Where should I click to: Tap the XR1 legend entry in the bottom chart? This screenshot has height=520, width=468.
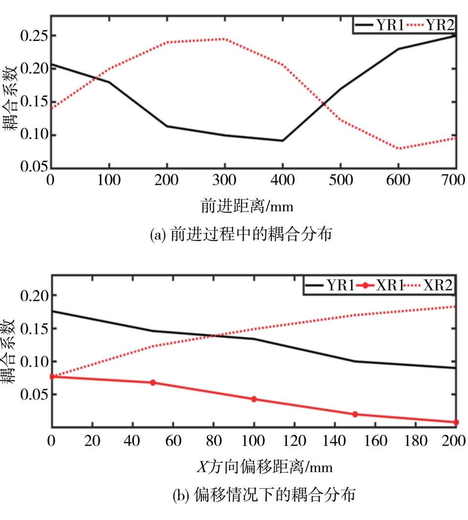[381, 286]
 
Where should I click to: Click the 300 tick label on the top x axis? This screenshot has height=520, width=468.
[224, 180]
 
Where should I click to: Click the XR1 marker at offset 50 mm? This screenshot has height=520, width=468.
[153, 383]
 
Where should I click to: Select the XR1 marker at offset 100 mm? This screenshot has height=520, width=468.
[254, 399]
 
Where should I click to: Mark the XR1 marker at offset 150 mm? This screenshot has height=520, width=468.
[355, 414]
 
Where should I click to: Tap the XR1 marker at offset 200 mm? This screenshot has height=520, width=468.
[456, 422]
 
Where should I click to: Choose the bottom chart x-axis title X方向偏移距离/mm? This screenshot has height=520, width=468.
[264, 466]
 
